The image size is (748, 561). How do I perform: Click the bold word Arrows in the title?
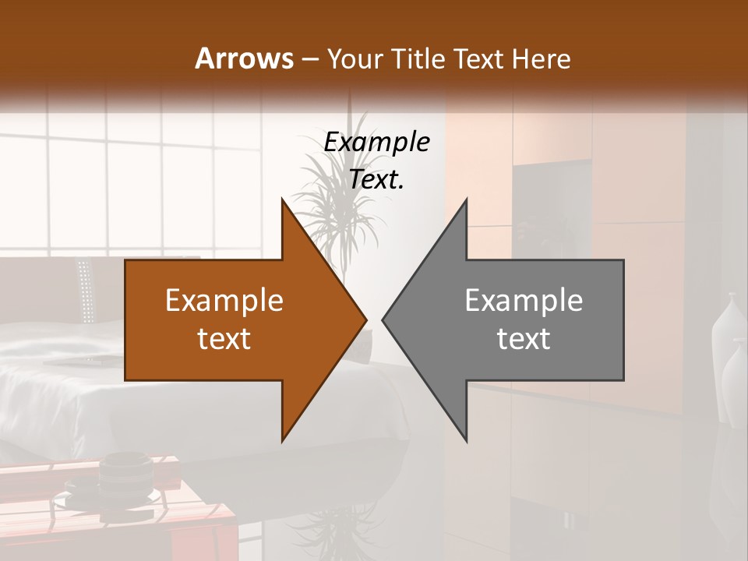[x=244, y=58]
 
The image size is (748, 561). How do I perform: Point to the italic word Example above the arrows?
[x=376, y=143]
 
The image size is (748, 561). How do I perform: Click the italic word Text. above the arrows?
[x=376, y=180]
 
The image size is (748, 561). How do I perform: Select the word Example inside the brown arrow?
[x=224, y=301]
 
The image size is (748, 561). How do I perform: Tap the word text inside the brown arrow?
[x=224, y=339]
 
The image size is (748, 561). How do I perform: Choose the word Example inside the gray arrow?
[x=524, y=301]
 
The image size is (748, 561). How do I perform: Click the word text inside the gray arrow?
[x=524, y=339]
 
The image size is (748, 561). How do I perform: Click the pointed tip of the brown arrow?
[x=365, y=319]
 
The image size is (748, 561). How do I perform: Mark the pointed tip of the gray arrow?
[x=384, y=319]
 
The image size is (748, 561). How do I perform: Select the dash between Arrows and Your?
[x=309, y=60]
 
